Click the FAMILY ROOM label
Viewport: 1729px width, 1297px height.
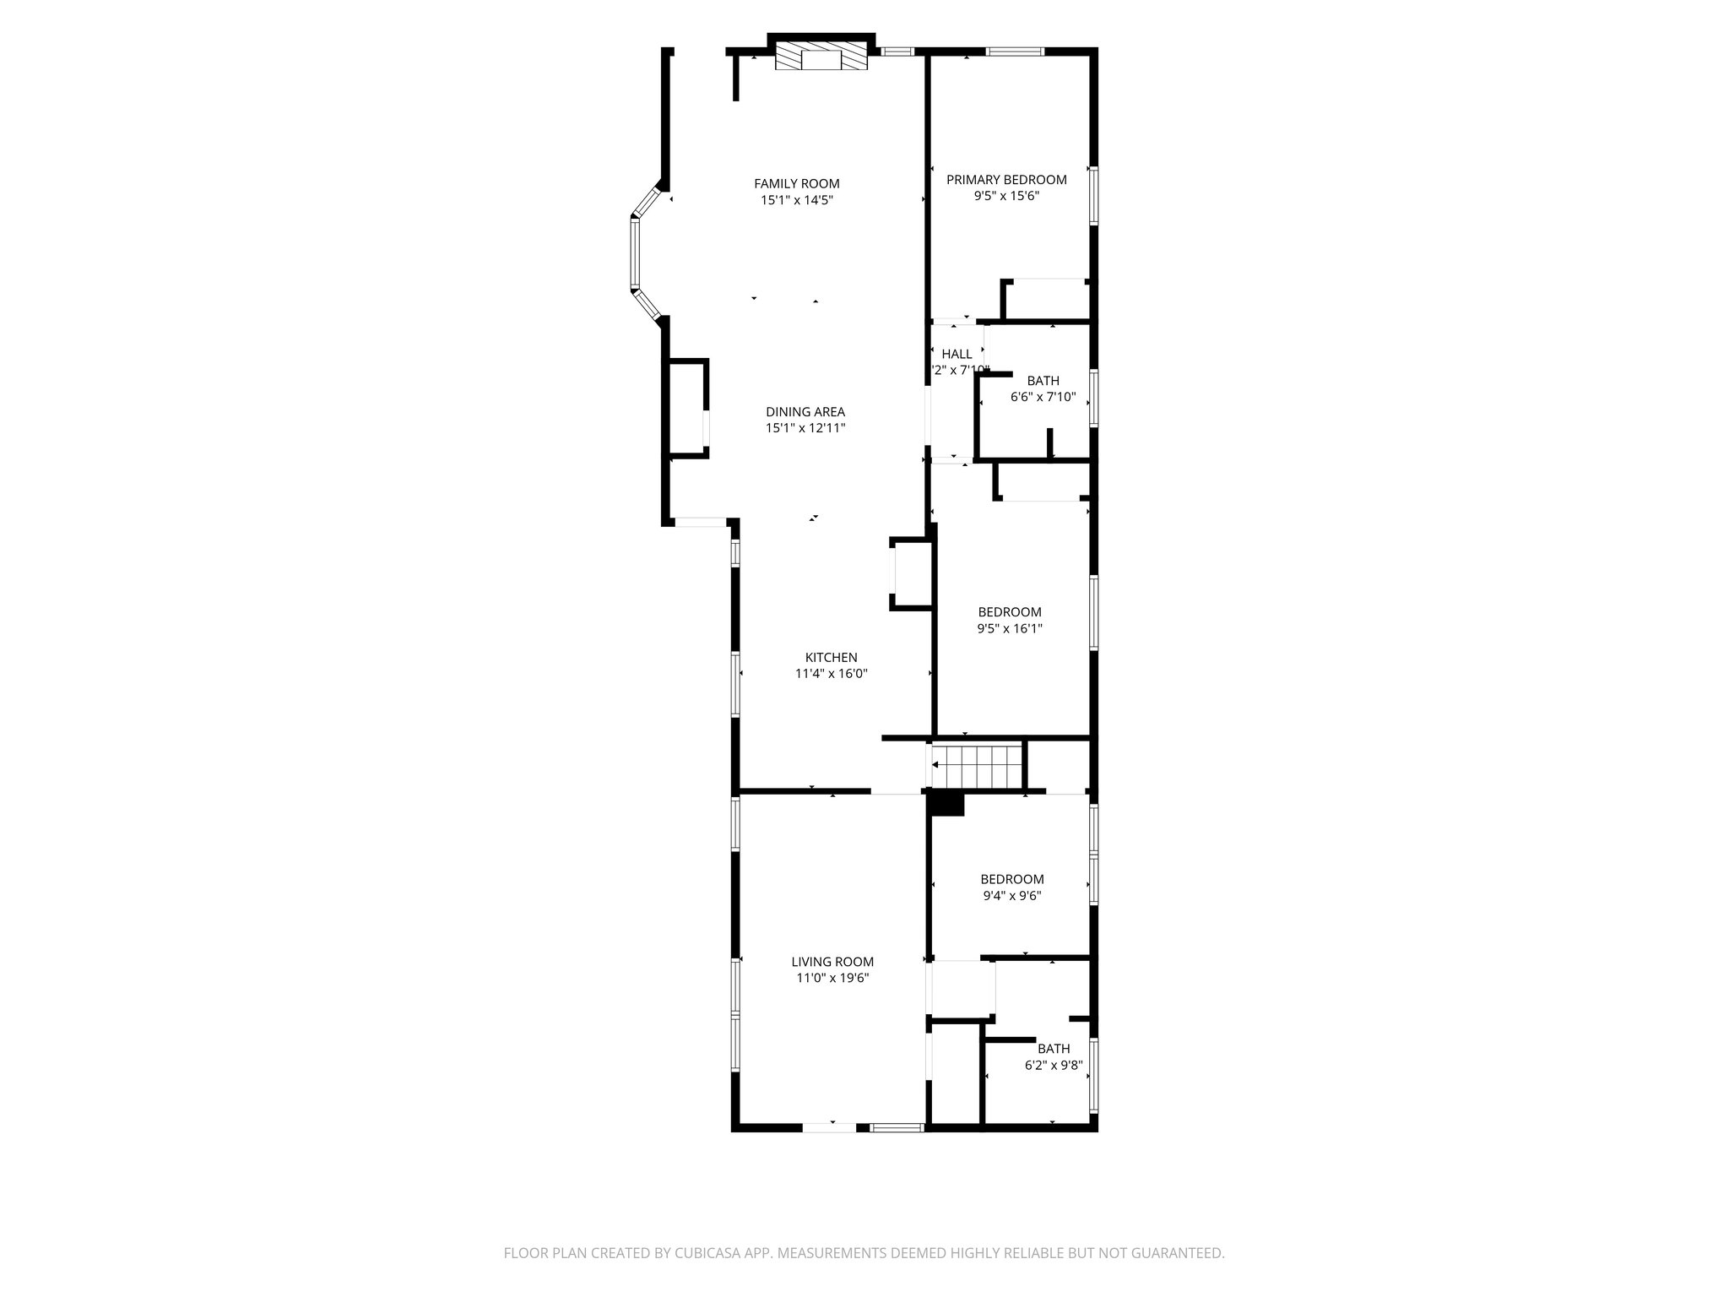tap(796, 183)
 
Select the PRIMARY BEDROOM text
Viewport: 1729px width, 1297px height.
tap(1005, 179)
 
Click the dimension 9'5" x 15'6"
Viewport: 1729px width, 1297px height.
tap(1005, 196)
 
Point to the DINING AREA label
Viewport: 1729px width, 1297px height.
tap(805, 412)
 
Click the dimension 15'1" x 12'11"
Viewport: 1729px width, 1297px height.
tap(805, 428)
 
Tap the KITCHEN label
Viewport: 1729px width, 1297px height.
tap(831, 657)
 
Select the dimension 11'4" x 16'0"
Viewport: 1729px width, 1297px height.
tap(831, 674)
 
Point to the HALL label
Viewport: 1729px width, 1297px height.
tap(957, 354)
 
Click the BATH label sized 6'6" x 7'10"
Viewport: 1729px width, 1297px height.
tap(1043, 381)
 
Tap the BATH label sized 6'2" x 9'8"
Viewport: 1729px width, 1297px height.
tap(1054, 1049)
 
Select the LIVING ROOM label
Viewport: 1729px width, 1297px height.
tap(832, 962)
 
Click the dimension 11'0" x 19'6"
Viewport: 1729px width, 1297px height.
tap(832, 979)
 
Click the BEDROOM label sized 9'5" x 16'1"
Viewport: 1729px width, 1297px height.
tap(1009, 612)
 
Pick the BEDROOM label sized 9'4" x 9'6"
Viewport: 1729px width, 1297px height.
tap(1011, 879)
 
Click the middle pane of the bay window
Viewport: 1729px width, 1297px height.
tap(635, 253)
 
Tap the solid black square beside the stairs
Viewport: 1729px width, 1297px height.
tap(946, 803)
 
